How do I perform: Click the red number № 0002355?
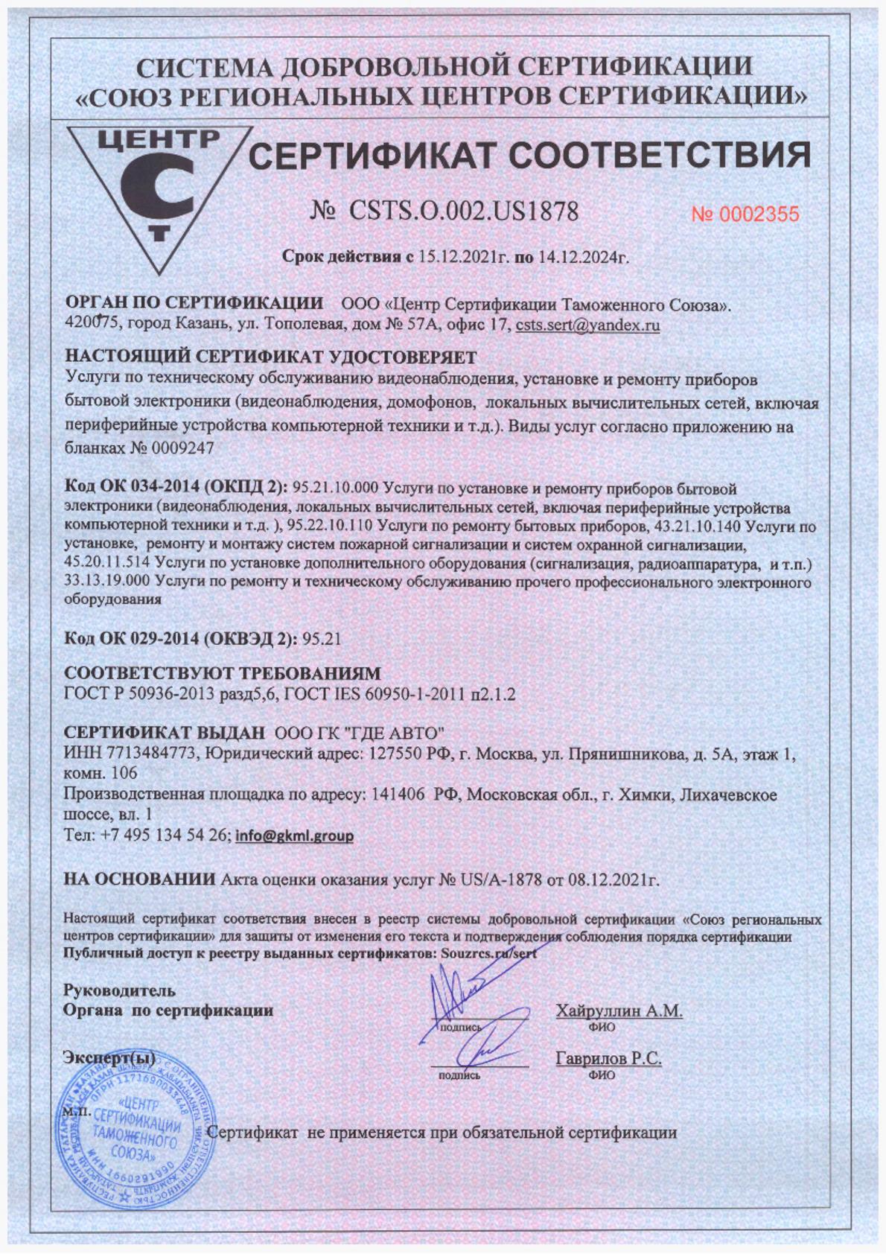pyautogui.click(x=745, y=214)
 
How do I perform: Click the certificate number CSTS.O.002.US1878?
pyautogui.click(x=462, y=212)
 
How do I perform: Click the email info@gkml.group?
pyautogui.click(x=294, y=836)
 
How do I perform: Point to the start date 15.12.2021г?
pyautogui.click(x=462, y=258)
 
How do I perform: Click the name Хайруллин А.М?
pyautogui.click(x=619, y=1010)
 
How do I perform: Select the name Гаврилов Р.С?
pyautogui.click(x=608, y=1059)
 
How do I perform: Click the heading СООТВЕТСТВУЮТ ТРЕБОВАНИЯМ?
pyautogui.click(x=222, y=673)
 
